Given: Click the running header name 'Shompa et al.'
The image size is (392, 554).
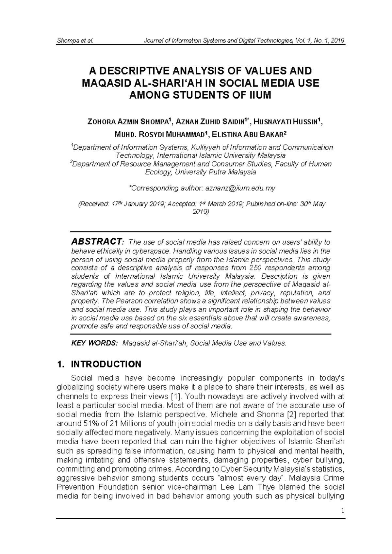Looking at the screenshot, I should pos(75,41).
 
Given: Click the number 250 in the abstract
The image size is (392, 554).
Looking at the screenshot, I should pos(255,268).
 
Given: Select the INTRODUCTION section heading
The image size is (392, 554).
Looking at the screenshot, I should pos(106,364).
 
